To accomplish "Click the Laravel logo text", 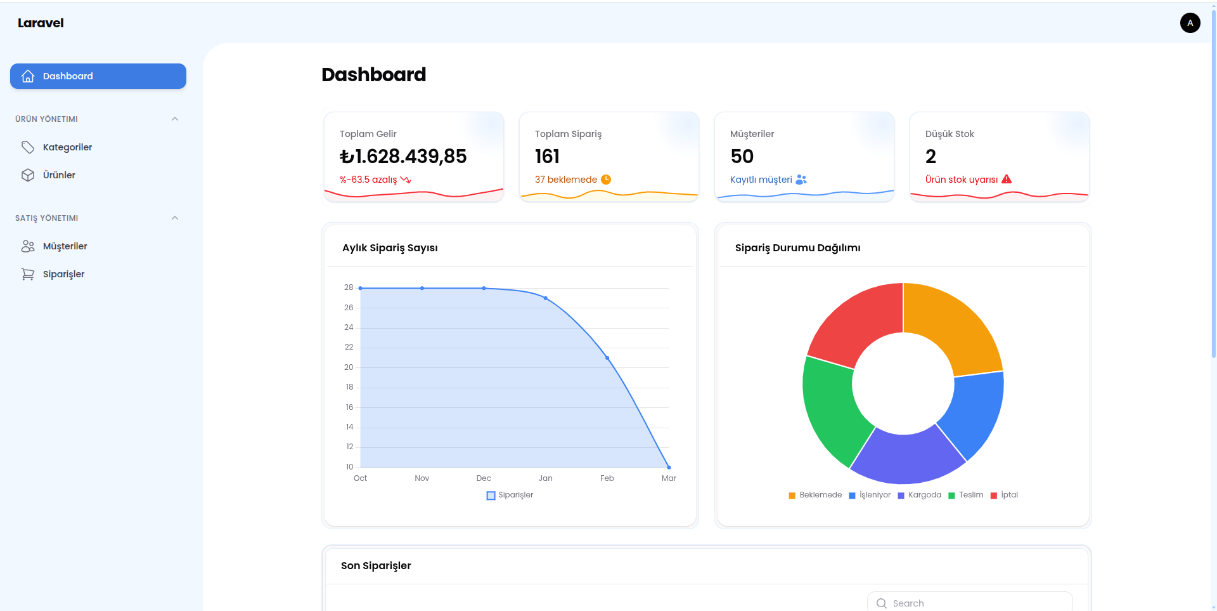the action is coord(41,23).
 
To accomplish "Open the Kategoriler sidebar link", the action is coord(67,147).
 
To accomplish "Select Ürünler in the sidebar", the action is coord(59,175).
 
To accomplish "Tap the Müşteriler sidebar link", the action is coord(65,246).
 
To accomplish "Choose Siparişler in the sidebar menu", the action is coord(63,274).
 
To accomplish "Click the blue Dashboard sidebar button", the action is coord(98,76).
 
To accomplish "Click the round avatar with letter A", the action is coord(1190,23).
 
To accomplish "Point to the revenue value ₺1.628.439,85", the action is coord(403,156).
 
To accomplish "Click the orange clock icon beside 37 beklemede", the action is coord(606,180).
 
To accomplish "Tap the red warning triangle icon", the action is coord(1007,180).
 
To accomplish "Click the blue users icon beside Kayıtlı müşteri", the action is coord(801,180).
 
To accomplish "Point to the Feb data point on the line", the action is coord(607,358).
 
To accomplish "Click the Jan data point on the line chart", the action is coord(546,298).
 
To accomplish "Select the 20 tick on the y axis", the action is coord(349,367).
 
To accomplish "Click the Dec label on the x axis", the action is coord(484,478).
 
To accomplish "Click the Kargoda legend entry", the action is coord(920,495).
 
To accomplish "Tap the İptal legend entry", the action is coord(1004,495).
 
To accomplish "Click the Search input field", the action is coord(970,603).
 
